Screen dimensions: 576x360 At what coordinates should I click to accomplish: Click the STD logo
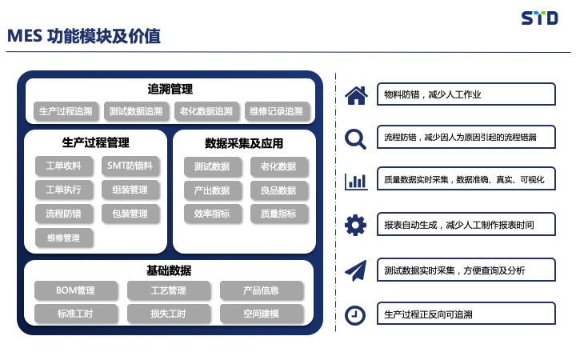point(540,18)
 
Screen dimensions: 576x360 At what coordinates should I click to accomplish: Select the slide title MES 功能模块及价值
point(84,36)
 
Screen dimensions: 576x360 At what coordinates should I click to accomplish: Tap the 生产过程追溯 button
point(66,111)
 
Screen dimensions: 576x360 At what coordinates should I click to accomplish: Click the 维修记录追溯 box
point(276,111)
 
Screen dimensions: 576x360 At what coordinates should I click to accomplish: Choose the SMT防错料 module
point(130,166)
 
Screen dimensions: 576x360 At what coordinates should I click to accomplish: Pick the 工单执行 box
point(63,190)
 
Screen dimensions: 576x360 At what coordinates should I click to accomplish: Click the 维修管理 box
point(63,238)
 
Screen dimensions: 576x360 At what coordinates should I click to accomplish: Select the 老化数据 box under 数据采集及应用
point(278,166)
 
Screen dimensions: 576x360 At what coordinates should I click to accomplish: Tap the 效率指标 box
point(212,214)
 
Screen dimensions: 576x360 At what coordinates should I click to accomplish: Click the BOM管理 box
point(76,290)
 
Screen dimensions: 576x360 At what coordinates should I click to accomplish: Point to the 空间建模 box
point(261,314)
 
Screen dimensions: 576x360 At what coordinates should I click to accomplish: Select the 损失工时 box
point(168,314)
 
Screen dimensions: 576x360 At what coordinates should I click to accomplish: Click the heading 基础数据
point(169,270)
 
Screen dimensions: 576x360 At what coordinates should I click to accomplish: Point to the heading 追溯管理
point(170,89)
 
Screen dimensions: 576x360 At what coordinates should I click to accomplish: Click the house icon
point(356,95)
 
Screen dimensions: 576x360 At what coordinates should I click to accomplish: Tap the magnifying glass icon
point(355,139)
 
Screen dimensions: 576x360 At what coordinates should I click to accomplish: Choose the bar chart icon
point(356,181)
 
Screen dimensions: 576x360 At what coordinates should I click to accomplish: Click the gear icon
point(355,225)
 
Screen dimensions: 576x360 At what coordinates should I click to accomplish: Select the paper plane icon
point(355,270)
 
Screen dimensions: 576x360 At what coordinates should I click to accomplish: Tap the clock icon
point(355,315)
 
